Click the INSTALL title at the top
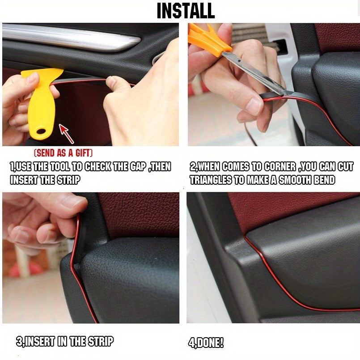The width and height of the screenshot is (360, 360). [x=186, y=11]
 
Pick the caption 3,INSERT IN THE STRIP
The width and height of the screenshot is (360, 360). [x=65, y=342]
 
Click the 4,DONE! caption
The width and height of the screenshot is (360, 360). [x=205, y=343]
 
